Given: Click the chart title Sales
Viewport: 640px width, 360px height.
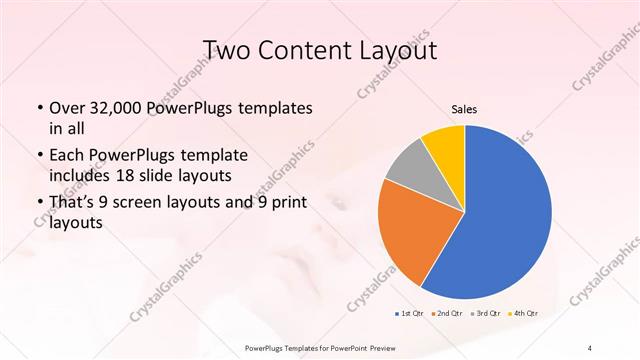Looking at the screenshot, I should [x=464, y=110].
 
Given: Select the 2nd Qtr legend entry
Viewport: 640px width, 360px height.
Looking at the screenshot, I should [x=447, y=314].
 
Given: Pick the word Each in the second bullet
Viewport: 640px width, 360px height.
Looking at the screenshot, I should [x=68, y=155].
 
